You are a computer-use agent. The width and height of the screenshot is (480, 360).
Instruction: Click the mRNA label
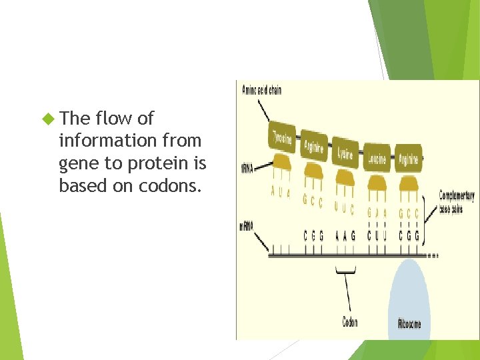[x=246, y=227]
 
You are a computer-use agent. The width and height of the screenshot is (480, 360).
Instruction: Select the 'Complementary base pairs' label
[x=456, y=199]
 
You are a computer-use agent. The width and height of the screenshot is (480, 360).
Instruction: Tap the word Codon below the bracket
[x=350, y=323]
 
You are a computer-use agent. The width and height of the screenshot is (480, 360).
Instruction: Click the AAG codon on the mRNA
[x=345, y=236]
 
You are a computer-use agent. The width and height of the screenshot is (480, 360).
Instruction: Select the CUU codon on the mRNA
[x=377, y=236]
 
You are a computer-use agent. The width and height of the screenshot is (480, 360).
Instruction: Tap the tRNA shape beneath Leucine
[x=377, y=181]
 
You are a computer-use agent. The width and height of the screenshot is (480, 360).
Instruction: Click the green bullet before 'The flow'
[x=47, y=119]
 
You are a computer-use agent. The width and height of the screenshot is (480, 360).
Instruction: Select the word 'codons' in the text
[x=170, y=186]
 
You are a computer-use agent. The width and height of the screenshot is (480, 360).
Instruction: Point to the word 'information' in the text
[x=100, y=141]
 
